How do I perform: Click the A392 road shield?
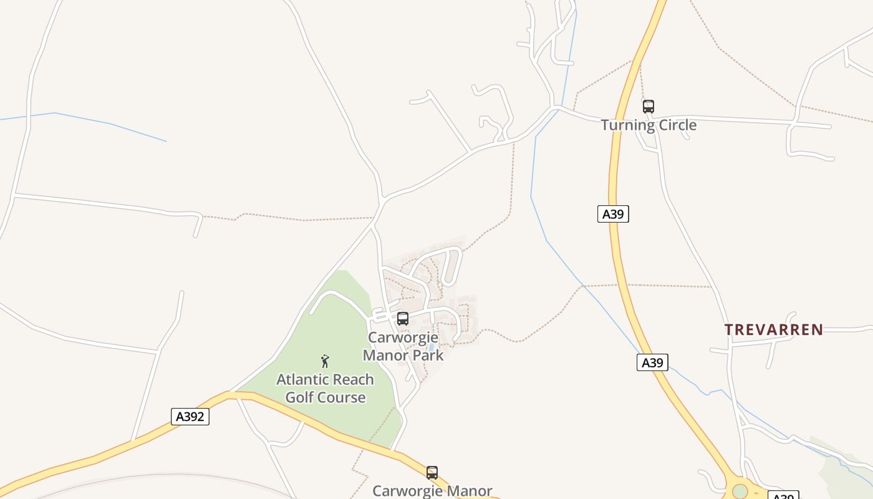pos(190,417)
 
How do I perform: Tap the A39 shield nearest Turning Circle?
pos(612,214)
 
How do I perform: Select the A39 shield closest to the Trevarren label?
pos(652,362)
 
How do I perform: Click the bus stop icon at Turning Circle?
pos(649,107)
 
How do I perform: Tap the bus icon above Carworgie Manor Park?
pos(403,319)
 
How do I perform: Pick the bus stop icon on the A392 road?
pos(432,473)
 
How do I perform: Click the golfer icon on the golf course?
pos(325,361)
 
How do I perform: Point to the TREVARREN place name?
pos(773,329)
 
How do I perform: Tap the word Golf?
pos(299,397)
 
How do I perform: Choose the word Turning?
pos(625,125)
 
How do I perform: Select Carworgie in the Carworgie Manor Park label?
pos(403,337)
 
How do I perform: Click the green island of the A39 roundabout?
pos(740,491)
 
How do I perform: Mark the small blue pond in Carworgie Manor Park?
pos(431,347)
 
